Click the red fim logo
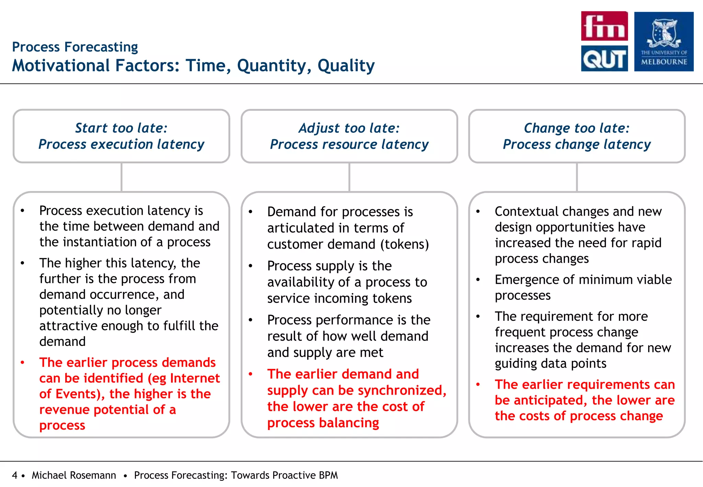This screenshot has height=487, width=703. [x=604, y=26]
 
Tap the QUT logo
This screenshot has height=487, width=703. [x=604, y=58]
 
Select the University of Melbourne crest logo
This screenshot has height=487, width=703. [x=664, y=41]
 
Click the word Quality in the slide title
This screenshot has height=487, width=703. [x=346, y=66]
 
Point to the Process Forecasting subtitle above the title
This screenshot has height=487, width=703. [x=75, y=47]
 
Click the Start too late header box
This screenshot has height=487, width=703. [x=121, y=136]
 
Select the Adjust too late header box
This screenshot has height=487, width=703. [x=349, y=136]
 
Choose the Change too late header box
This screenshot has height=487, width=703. [x=577, y=136]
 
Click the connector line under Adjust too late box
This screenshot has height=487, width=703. [x=349, y=177]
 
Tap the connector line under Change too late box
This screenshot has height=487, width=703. [x=577, y=177]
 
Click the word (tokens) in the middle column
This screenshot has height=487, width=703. [x=404, y=244]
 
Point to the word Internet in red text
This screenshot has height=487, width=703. [x=195, y=378]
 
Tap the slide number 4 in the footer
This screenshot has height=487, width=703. [x=14, y=475]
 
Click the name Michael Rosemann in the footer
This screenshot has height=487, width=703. [x=74, y=475]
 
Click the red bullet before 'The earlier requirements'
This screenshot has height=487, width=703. [x=477, y=385]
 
